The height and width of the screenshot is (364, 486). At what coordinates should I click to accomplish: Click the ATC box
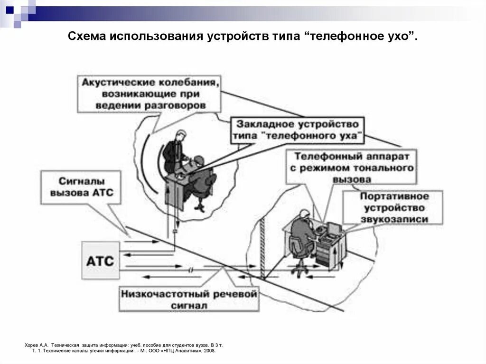click(x=100, y=261)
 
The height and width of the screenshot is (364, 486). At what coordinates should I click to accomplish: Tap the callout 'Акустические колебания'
click(x=150, y=93)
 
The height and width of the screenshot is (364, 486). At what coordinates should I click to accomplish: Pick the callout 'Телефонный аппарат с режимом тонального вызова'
click(x=353, y=168)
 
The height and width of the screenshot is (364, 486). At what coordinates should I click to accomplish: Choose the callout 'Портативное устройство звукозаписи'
click(x=393, y=207)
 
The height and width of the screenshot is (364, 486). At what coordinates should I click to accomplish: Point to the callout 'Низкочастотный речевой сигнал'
click(x=189, y=299)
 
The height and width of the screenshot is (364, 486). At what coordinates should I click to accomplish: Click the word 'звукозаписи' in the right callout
click(x=394, y=219)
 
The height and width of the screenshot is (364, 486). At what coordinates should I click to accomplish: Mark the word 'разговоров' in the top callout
click(x=180, y=105)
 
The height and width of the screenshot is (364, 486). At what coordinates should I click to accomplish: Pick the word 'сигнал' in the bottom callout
click(x=189, y=306)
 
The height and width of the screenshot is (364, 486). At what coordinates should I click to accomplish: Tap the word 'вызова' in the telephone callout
click(x=352, y=180)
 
